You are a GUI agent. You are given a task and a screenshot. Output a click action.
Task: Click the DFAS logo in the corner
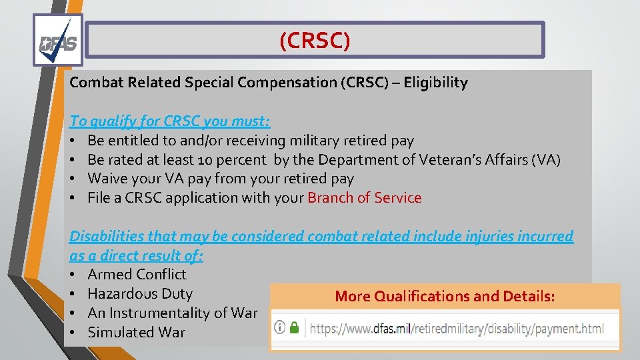[58, 41]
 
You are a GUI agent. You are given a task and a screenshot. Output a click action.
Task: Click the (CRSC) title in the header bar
[315, 41]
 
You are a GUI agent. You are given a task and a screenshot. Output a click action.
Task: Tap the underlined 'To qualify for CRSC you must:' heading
[170, 121]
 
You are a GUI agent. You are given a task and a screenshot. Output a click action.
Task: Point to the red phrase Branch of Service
[364, 198]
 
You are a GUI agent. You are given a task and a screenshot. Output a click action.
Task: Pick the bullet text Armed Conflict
[137, 275]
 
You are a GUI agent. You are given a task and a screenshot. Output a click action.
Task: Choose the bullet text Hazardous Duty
[140, 294]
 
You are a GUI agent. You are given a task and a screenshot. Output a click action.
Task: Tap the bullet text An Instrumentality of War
[172, 313]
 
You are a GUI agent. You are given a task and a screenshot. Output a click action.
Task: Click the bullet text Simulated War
[136, 333]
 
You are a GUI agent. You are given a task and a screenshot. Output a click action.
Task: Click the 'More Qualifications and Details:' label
[445, 297]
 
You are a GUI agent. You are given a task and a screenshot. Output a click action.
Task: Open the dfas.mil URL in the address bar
[457, 328]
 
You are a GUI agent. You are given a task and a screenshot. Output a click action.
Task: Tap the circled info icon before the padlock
[280, 327]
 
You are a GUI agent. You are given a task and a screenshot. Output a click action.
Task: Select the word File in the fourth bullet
[99, 198]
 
